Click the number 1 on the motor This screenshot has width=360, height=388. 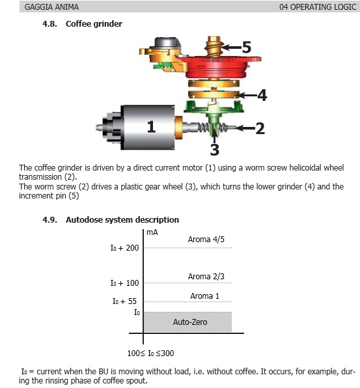pyautogui.click(x=152, y=127)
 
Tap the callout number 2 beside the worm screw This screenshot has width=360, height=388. pyautogui.click(x=260, y=128)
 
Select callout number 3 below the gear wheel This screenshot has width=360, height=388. pyautogui.click(x=215, y=150)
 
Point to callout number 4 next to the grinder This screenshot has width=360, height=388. pyautogui.click(x=262, y=95)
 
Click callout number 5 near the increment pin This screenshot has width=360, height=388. pyautogui.click(x=247, y=47)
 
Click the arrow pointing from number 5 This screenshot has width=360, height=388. pyautogui.click(x=231, y=47)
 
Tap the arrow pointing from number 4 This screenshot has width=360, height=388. pyautogui.click(x=247, y=95)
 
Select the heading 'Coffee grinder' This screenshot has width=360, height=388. pyautogui.click(x=94, y=23)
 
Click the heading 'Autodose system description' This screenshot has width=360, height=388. pyautogui.click(x=122, y=220)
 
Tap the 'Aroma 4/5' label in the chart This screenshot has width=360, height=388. pyautogui.click(x=206, y=240)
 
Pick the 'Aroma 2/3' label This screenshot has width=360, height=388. pyautogui.click(x=206, y=277)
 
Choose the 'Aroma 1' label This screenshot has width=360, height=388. pyautogui.click(x=204, y=296)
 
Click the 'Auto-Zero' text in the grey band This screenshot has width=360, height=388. pyautogui.click(x=190, y=322)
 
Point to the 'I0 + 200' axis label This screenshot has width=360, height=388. pyautogui.click(x=124, y=247)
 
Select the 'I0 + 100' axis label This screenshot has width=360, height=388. pyautogui.click(x=124, y=283)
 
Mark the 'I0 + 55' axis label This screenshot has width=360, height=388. pyautogui.click(x=124, y=301)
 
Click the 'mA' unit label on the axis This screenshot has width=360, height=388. pyautogui.click(x=152, y=232)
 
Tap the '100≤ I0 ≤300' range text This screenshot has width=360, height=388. pyautogui.click(x=150, y=353)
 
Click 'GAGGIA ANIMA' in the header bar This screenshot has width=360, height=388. pyautogui.click(x=51, y=7)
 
